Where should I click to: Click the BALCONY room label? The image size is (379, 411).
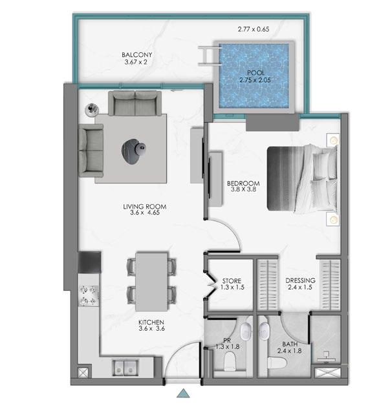click(136, 55)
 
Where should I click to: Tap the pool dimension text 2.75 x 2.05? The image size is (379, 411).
click(255, 80)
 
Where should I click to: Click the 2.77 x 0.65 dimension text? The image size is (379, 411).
click(254, 29)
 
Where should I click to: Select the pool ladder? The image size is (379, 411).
click(210, 55)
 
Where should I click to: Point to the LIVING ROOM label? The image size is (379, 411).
click(145, 207)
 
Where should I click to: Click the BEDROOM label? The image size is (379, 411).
click(243, 184)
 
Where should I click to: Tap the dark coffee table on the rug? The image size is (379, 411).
click(134, 151)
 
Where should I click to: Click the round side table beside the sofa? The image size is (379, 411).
click(92, 109)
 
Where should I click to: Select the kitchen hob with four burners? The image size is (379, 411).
click(89, 296)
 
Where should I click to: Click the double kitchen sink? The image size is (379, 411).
click(125, 367)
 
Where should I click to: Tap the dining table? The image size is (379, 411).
click(151, 282)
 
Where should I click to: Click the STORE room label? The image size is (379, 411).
click(232, 280)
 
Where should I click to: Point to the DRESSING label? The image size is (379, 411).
click(301, 280)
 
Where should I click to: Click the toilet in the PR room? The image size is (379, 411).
click(230, 361)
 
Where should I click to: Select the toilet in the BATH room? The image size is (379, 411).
click(277, 363)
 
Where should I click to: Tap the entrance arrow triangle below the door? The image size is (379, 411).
click(183, 394)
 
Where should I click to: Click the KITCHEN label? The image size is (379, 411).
click(151, 322)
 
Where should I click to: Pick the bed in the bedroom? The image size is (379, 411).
click(302, 178)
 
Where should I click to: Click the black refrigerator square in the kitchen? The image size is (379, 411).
click(89, 262)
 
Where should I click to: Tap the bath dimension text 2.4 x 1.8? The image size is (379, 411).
click(290, 350)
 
